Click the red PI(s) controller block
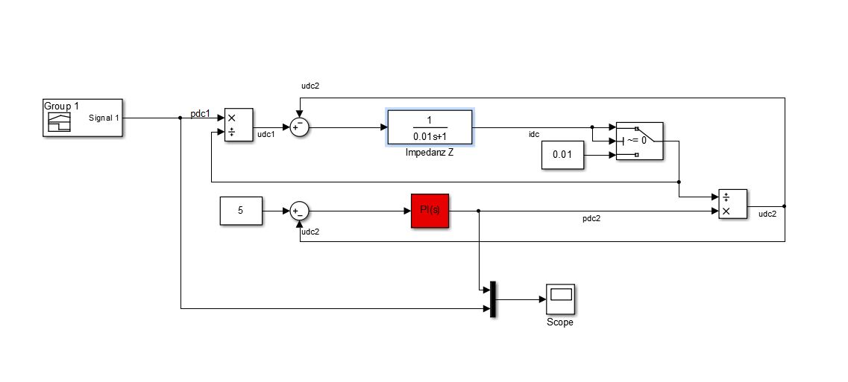[430, 211]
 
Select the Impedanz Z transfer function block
[430, 127]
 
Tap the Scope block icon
[560, 299]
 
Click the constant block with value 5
[241, 211]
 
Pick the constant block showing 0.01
[562, 155]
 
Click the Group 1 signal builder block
[83, 118]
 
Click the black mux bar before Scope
[493, 299]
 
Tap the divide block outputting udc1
[239, 125]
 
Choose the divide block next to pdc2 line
[733, 204]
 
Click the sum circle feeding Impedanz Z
[299, 127]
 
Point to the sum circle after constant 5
[299, 211]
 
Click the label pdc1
[200, 114]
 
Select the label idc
[534, 134]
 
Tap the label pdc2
[591, 219]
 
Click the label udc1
[266, 134]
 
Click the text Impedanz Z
[430, 153]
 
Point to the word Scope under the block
[560, 322]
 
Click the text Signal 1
[104, 118]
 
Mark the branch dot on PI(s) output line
[479, 211]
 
